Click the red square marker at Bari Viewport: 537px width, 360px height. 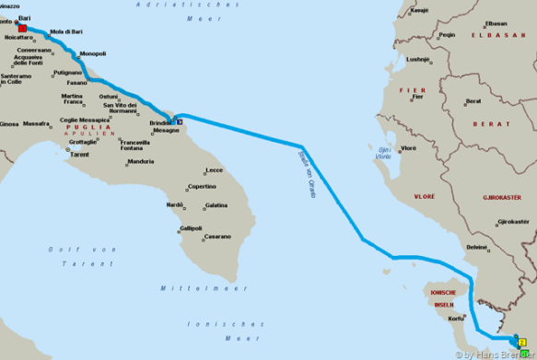[x=22, y=29]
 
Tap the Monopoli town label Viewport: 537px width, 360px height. [x=93, y=54]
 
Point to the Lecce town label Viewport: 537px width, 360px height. [x=215, y=170]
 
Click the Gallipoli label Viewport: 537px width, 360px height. [x=191, y=228]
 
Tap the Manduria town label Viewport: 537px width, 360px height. [x=140, y=162]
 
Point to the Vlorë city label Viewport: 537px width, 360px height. [x=408, y=147]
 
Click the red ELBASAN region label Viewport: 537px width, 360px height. [x=505, y=35]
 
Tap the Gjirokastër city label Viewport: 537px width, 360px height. [x=513, y=221]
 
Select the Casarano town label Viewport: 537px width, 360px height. [x=218, y=237]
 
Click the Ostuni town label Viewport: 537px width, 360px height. [x=109, y=97]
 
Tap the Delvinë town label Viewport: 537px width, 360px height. [x=476, y=247]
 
